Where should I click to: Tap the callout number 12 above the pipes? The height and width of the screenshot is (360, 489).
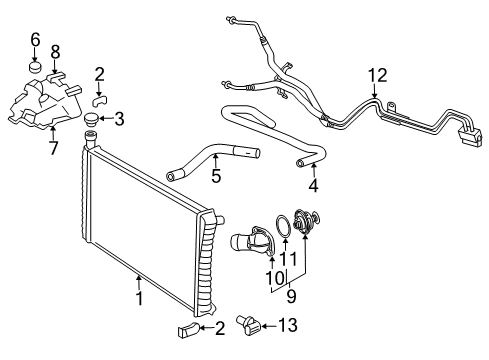(x=375, y=74)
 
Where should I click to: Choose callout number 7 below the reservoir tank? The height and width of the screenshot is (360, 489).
(x=53, y=148)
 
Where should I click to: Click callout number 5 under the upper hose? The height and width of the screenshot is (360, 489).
(x=215, y=177)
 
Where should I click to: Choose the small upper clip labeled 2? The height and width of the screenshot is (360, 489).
(x=103, y=98)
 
